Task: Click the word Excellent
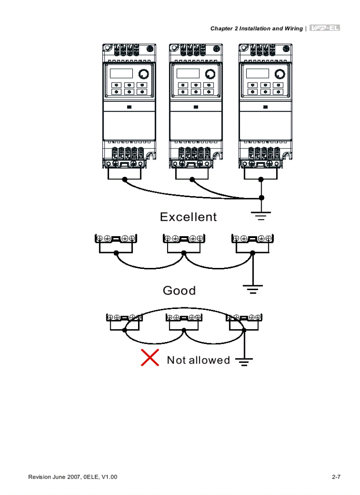pos(188,217)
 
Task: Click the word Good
pos(179,290)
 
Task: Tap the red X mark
pos(150,357)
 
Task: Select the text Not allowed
pos(198,360)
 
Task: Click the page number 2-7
pos(337,477)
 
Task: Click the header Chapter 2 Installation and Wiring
pos(256,29)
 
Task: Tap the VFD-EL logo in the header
pos(325,28)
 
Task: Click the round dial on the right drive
pos(279,74)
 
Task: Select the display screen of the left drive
pos(121,73)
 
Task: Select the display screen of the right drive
pos(257,73)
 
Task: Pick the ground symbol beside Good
pos(253,289)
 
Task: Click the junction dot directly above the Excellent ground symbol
pos(261,197)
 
